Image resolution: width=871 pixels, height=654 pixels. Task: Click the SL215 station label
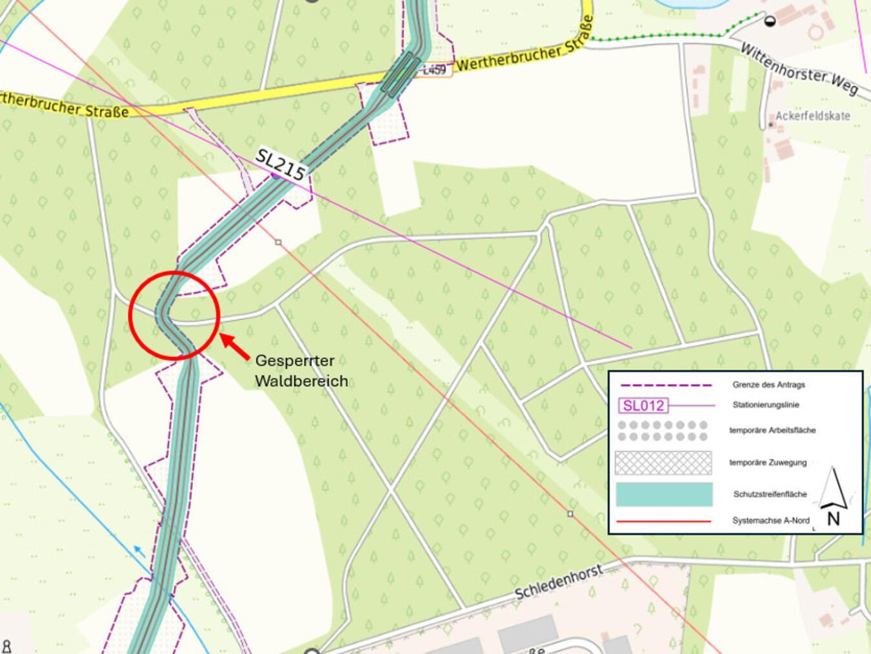(281, 165)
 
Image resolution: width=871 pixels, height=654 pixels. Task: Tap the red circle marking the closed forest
(174, 314)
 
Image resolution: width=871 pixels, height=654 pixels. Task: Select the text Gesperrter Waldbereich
(301, 371)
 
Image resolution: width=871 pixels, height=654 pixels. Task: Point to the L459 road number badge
(435, 70)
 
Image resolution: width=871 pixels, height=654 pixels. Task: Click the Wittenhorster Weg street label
(798, 70)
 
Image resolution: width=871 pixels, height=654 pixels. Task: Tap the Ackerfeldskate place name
(812, 116)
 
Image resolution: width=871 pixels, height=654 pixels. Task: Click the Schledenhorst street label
(559, 582)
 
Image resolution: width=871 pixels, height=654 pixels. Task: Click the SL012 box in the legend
(643, 405)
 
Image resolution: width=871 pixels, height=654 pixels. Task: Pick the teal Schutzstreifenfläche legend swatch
(664, 495)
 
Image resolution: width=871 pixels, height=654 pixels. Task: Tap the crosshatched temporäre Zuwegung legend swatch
(663, 463)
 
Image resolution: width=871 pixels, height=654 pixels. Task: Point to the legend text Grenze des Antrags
(768, 385)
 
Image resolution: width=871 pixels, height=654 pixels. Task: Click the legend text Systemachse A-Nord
(770, 520)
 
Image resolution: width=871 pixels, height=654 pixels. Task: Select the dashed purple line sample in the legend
(665, 385)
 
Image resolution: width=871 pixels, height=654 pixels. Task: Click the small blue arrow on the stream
(138, 550)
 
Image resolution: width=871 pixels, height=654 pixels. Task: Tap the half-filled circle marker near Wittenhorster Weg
(769, 21)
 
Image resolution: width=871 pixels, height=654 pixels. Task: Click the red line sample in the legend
(664, 521)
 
